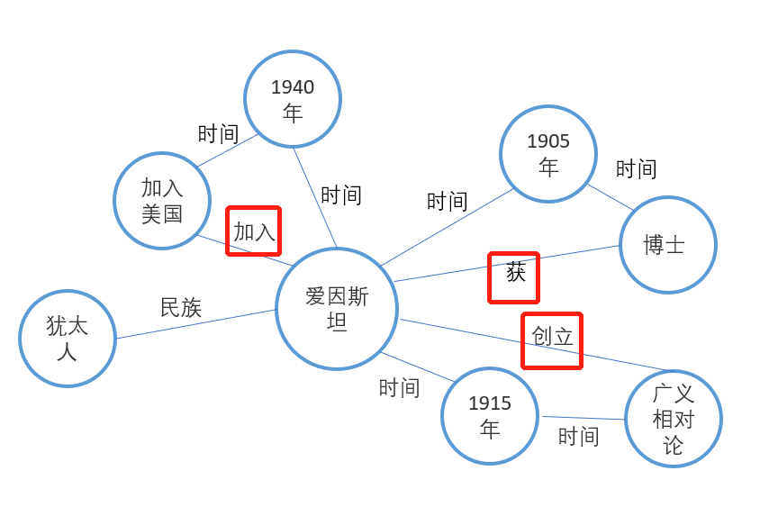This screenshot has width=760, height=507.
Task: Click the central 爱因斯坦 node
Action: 337,309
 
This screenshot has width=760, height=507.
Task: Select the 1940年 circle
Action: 293,99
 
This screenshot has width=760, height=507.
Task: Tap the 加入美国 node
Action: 162,201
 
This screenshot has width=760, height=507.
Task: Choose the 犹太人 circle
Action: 68,339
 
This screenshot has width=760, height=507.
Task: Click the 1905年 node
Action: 548,154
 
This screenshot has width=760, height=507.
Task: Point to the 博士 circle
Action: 667,244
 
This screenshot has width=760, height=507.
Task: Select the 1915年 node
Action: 490,416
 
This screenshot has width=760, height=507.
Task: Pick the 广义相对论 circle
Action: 674,419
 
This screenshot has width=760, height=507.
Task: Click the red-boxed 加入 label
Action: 254,231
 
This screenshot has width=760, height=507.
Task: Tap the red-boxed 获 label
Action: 514,276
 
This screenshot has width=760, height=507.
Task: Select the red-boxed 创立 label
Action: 552,340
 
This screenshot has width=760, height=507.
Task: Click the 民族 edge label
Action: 181,308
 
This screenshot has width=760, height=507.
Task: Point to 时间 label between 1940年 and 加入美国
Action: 218,134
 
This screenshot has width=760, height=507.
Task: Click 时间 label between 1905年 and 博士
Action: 636,169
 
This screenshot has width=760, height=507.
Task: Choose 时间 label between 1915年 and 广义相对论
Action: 578,437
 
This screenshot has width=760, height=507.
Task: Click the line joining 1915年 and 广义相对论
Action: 583,418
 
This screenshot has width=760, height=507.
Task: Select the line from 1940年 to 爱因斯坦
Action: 315,197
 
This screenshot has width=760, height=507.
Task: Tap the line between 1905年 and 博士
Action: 612,198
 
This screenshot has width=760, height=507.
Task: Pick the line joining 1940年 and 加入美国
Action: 229,150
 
